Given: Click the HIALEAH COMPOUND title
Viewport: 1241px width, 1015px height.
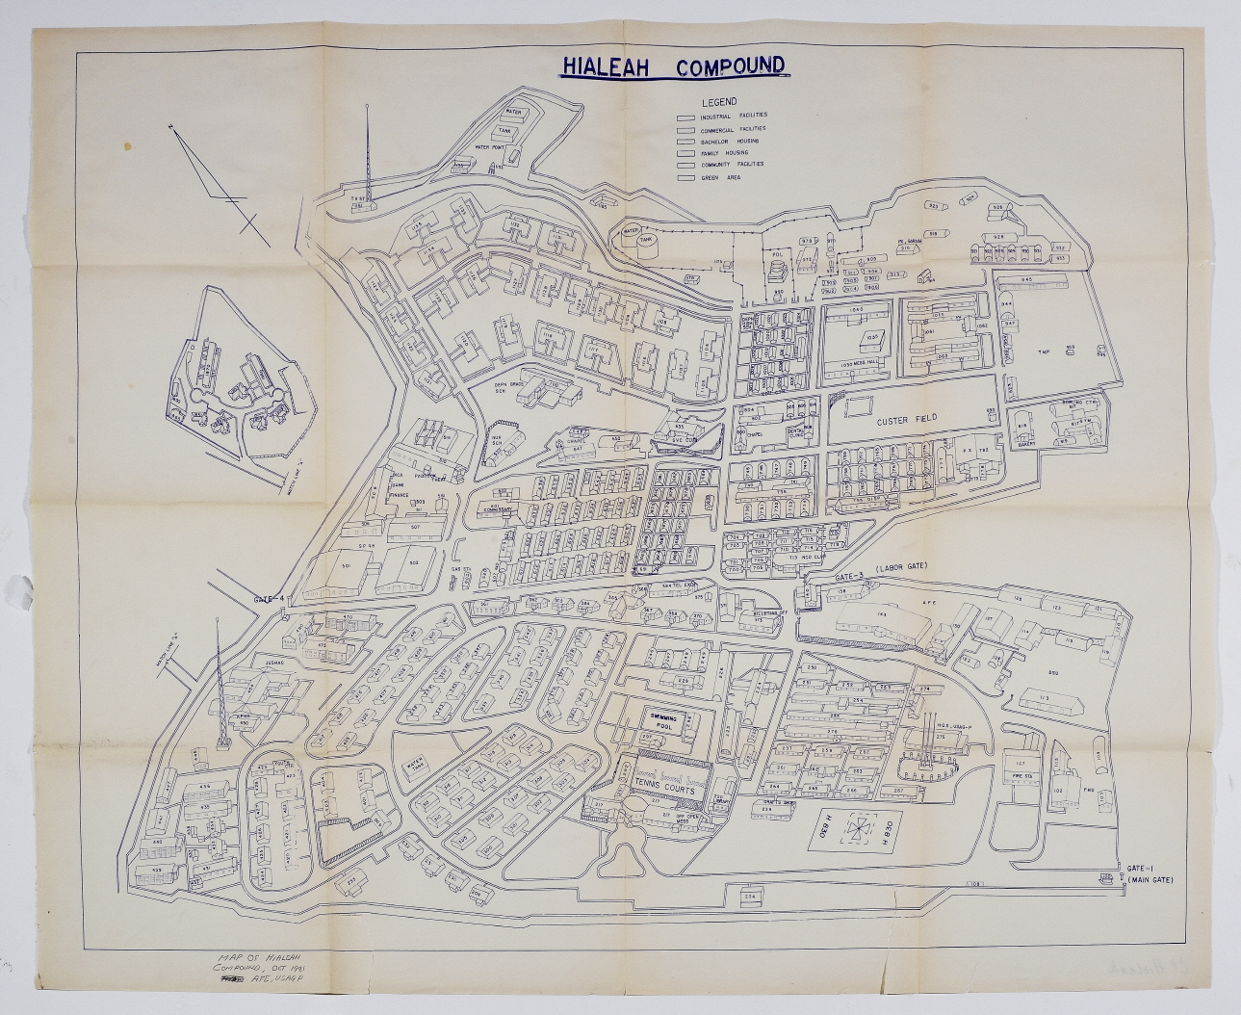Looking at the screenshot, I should click(x=673, y=66).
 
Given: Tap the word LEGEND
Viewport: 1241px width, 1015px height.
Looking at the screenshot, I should click(x=719, y=102).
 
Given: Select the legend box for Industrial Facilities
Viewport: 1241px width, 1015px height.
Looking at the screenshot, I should click(x=686, y=117).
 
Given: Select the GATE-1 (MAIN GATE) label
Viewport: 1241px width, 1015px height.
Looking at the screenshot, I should click(x=1150, y=873).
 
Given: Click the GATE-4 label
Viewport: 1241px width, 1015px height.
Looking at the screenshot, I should click(x=270, y=599).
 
